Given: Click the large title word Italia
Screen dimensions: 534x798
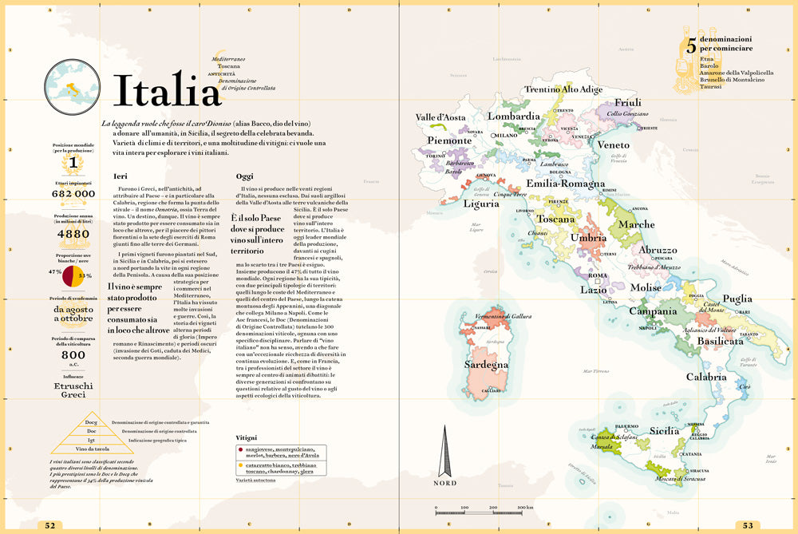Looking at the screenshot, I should click(165, 89).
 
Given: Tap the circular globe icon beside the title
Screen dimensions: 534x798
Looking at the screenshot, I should click(73, 87).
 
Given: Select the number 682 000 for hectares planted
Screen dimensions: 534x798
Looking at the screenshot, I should click(73, 194).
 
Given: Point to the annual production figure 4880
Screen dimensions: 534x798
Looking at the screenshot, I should click(73, 234).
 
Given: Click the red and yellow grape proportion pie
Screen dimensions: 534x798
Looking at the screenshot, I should click(73, 275).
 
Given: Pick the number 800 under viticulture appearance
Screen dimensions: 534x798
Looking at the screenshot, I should click(73, 355).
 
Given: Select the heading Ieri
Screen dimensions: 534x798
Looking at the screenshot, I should click(120, 176).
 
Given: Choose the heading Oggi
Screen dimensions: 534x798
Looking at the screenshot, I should click(245, 176).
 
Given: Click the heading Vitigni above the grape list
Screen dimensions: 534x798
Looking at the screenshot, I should click(247, 437).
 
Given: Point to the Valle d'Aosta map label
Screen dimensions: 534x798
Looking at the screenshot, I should click(440, 118).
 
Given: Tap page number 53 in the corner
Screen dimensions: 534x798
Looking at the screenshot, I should click(747, 525).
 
